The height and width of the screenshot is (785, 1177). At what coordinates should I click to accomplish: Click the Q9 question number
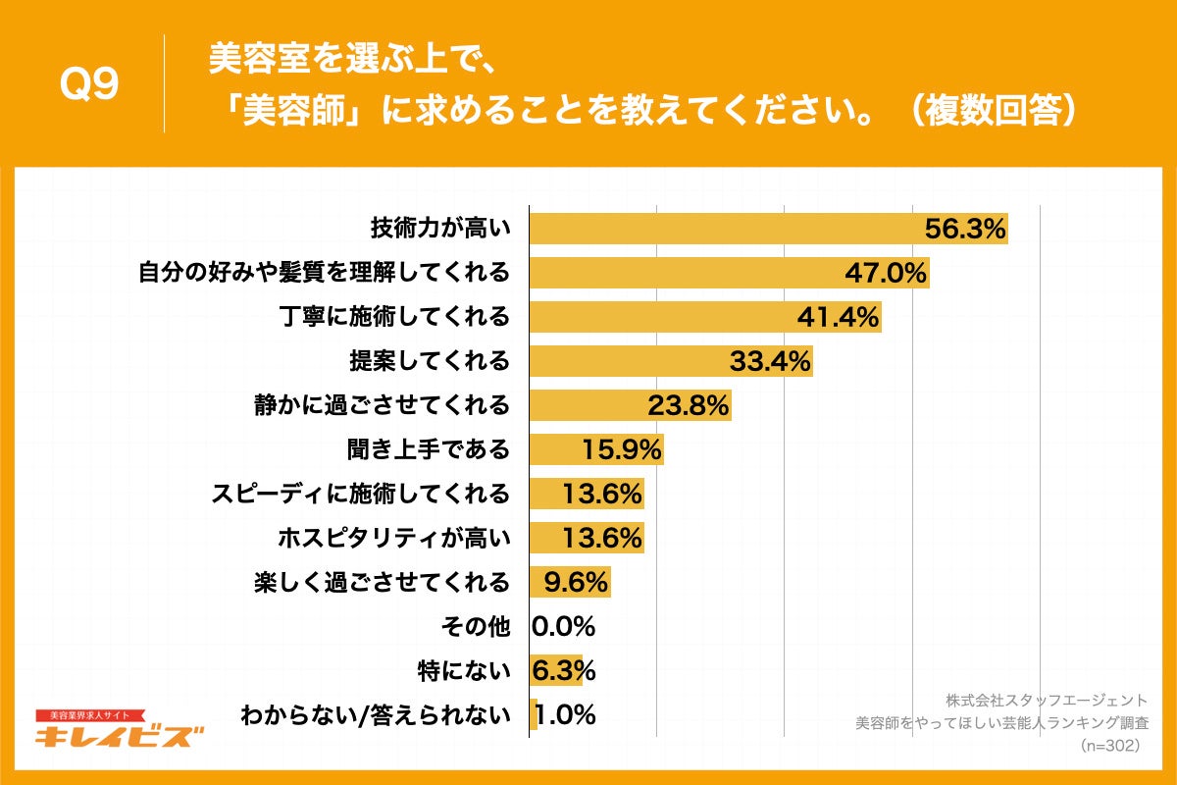click(89, 86)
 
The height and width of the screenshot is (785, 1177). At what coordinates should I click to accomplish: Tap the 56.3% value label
click(966, 229)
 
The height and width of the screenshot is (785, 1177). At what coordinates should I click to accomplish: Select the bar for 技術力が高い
click(726, 229)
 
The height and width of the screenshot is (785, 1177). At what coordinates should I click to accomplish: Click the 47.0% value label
click(887, 273)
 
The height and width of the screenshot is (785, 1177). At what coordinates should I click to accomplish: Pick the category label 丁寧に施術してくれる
click(394, 317)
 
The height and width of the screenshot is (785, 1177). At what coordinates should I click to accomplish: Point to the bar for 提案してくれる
click(628, 361)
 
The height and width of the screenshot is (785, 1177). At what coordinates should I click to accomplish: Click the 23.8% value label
click(689, 405)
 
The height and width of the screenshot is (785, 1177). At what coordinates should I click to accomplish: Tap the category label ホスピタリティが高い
click(394, 538)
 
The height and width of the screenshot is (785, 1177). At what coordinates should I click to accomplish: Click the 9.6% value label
click(570, 582)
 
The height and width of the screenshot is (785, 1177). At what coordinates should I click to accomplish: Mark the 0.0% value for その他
click(564, 626)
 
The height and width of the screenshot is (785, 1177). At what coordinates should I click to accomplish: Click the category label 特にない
click(464, 671)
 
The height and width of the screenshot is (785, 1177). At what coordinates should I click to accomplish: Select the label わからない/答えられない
click(376, 715)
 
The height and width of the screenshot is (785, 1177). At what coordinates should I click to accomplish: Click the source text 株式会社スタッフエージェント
click(1047, 701)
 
